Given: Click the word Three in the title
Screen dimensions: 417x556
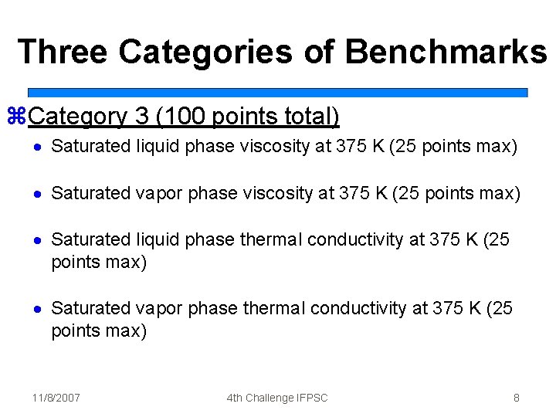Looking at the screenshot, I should (x=63, y=52).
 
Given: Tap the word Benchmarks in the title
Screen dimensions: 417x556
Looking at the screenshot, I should (x=446, y=52).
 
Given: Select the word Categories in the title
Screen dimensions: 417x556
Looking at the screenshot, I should (x=205, y=52).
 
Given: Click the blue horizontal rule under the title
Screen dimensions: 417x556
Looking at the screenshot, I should (x=278, y=92).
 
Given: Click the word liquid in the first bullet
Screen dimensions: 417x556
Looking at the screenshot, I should (x=155, y=146).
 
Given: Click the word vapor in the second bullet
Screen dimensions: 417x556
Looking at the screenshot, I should (x=158, y=193).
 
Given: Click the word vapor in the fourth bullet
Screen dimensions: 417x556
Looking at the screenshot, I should (x=158, y=308).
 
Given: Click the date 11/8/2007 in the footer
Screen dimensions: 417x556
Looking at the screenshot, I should (x=56, y=398).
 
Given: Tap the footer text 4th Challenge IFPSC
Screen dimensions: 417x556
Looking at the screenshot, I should (x=277, y=398).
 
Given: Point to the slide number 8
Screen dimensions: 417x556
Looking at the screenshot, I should (x=516, y=398).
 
